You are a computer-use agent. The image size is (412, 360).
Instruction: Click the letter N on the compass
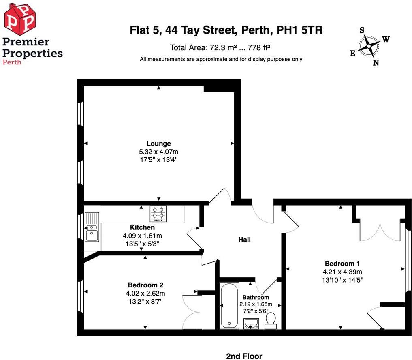click(376, 62)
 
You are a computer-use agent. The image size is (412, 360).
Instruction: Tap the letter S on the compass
click(362, 30)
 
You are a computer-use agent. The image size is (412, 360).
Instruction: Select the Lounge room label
click(158, 144)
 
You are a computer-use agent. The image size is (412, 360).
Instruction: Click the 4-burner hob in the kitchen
click(158, 214)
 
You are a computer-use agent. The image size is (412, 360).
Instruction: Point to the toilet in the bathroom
click(270, 321)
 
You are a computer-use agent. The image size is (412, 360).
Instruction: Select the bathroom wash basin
click(252, 323)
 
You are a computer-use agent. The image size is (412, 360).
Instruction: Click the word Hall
click(244, 240)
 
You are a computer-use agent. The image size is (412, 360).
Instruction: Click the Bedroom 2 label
click(145, 285)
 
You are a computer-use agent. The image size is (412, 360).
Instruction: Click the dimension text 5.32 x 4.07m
click(158, 152)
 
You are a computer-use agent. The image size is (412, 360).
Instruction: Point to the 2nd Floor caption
click(244, 356)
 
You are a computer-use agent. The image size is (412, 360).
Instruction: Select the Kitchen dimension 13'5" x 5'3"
click(142, 244)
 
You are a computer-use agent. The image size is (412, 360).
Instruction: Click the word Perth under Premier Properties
click(12, 62)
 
